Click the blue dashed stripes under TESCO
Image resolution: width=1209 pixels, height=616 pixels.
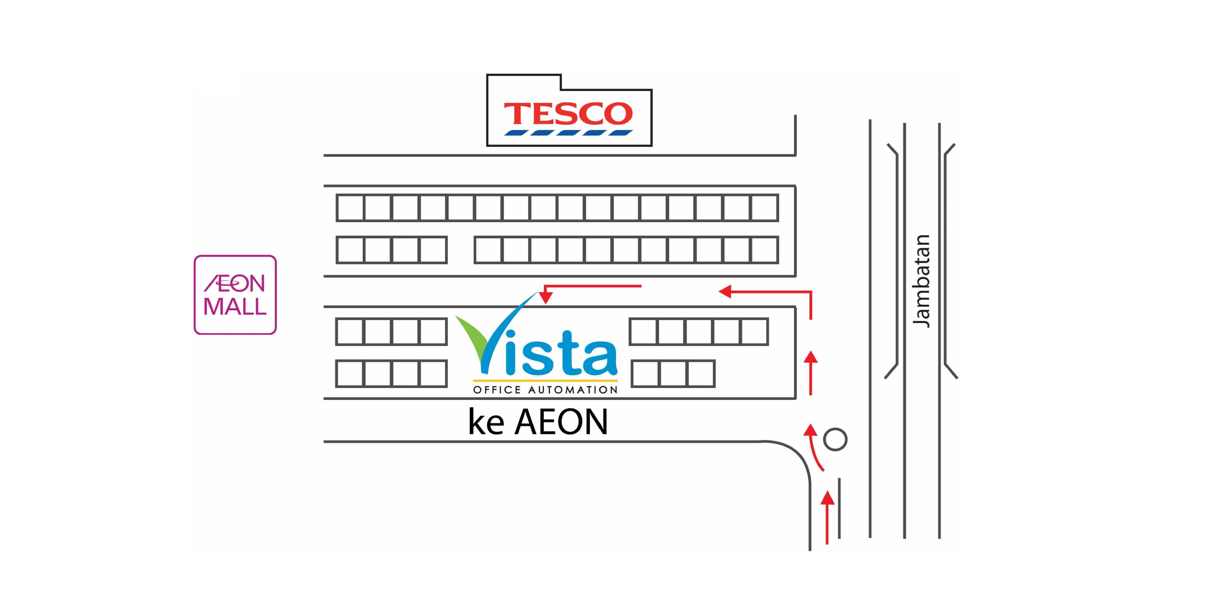tap(568, 132)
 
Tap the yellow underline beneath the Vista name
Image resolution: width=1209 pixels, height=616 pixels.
tap(545, 380)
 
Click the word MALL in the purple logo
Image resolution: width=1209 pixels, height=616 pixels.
tap(235, 307)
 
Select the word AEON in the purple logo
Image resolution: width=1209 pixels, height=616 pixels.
tap(234, 283)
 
